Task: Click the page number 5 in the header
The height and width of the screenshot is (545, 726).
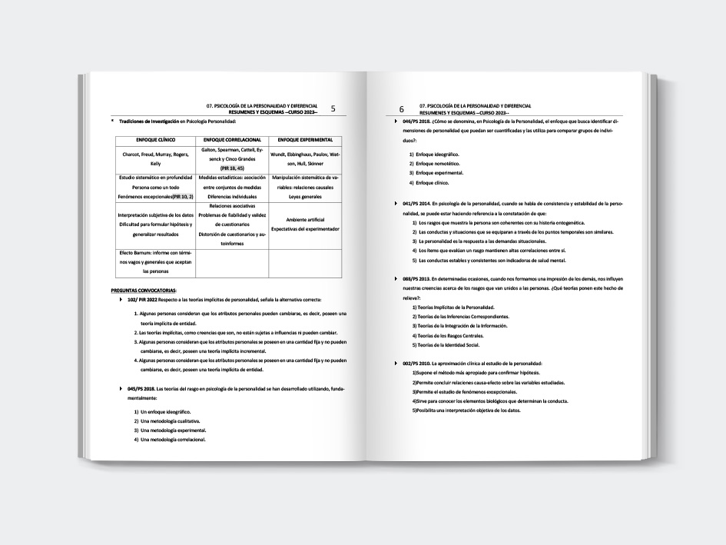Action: point(333,109)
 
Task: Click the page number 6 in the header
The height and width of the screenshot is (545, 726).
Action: point(401,110)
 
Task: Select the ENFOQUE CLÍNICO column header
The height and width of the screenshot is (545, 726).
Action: point(156,140)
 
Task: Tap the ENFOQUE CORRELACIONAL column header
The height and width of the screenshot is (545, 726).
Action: point(232,140)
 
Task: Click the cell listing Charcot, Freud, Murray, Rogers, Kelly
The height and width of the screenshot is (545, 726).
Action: point(156,159)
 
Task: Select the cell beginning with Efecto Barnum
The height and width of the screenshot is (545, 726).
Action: point(156,262)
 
